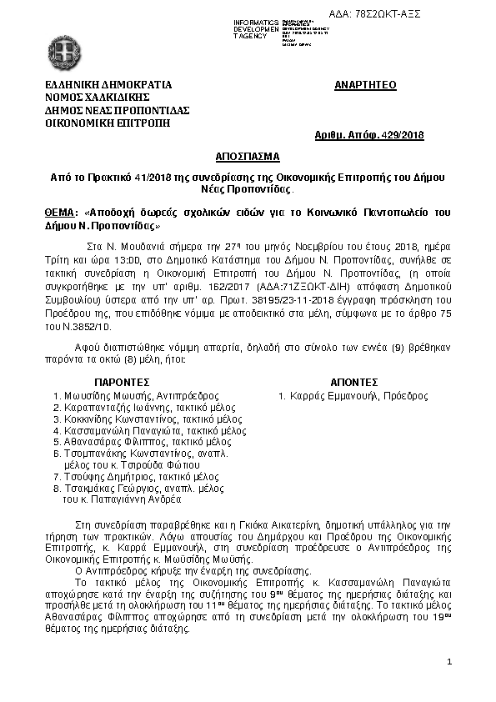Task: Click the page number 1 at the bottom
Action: point(448,661)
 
